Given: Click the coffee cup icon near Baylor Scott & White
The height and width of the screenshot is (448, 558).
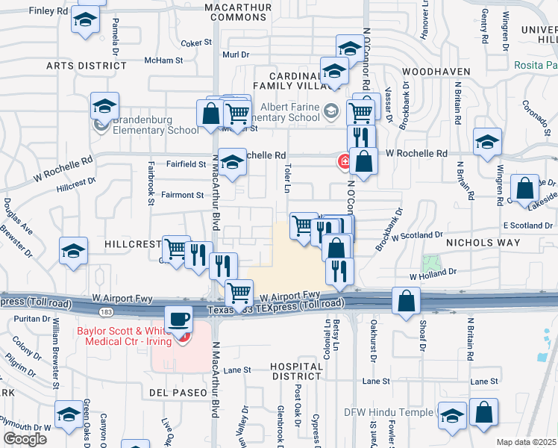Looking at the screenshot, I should coord(178,319).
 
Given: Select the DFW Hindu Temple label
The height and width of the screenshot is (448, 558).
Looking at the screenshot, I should coord(388,412).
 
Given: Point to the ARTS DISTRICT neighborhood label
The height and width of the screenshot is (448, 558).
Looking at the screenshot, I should coord(81,66).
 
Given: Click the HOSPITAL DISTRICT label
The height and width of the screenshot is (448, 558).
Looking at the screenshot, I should coord(297,372).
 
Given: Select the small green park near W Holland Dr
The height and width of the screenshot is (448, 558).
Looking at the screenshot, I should coord(429,263).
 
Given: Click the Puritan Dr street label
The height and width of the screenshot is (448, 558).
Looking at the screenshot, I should coord(28,317).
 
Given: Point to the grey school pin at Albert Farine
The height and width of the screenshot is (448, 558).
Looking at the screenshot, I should coord(330,112).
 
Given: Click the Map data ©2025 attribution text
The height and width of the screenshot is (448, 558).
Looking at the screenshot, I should coord(526,442).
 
